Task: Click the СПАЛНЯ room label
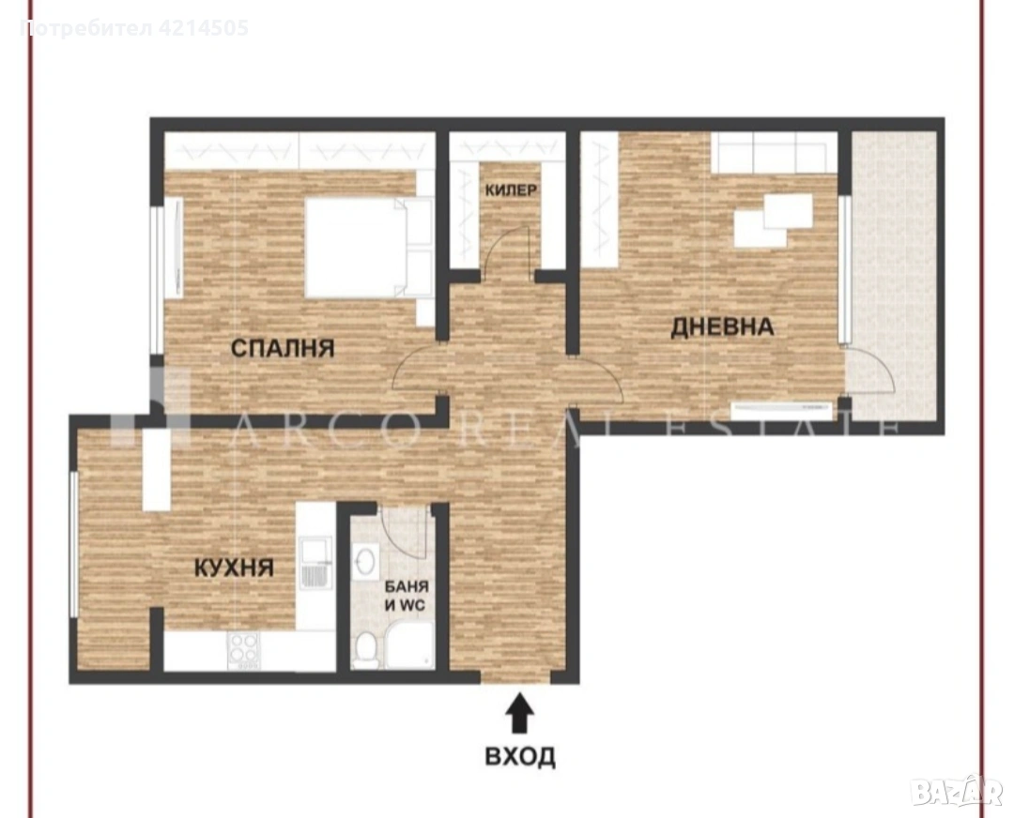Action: pyautogui.click(x=283, y=348)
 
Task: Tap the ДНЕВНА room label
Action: pyautogui.click(x=722, y=327)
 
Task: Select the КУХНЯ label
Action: pyautogui.click(x=234, y=568)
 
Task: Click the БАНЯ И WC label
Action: pyautogui.click(x=407, y=596)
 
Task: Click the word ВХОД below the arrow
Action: pyautogui.click(x=520, y=755)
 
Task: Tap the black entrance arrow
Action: pyautogui.click(x=520, y=713)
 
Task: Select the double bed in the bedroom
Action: pyautogui.click(x=368, y=248)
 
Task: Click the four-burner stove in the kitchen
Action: pyautogui.click(x=243, y=650)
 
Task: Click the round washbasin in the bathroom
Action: pyautogui.click(x=366, y=559)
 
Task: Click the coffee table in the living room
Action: pyautogui.click(x=773, y=220)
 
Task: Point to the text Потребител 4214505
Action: pyautogui.click(x=134, y=28)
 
